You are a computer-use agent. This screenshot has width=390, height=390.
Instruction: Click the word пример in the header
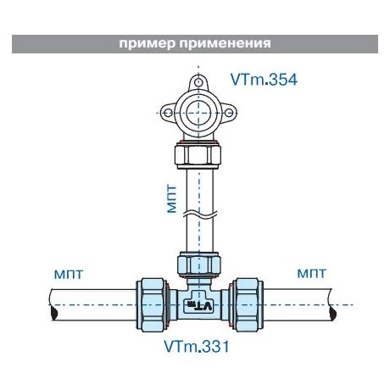pyautogui.click(x=147, y=44)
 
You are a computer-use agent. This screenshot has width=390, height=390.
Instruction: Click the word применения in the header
pyautogui.click(x=225, y=44)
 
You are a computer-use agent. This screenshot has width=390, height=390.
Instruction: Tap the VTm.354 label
pyautogui.click(x=264, y=80)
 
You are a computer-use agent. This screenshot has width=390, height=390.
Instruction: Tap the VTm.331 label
pyautogui.click(x=197, y=346)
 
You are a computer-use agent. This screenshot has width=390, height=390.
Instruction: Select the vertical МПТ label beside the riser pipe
pyautogui.click(x=171, y=198)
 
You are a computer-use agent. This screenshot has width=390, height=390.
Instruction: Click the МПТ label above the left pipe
pyautogui.click(x=69, y=274)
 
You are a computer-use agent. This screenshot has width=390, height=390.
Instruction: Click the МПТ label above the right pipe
pyautogui.click(x=312, y=273)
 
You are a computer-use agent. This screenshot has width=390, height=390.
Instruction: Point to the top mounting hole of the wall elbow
pyautogui.click(x=198, y=82)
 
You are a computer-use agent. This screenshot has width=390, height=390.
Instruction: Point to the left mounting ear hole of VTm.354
pyautogui.click(x=168, y=113)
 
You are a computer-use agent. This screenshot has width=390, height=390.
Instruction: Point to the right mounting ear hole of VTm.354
pyautogui.click(x=229, y=113)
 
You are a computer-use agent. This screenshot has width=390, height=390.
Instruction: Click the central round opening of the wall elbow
pyautogui.click(x=198, y=113)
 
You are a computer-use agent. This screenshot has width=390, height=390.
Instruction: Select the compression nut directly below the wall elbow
pyautogui.click(x=198, y=156)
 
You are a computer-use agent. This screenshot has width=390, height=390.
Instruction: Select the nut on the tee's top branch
pyautogui.click(x=198, y=265)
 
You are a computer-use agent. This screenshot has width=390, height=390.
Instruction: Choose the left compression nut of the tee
pyautogui.click(x=153, y=304)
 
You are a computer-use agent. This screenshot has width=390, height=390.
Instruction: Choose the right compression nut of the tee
pyautogui.click(x=246, y=304)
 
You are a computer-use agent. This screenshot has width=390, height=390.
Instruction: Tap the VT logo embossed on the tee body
pyautogui.click(x=199, y=305)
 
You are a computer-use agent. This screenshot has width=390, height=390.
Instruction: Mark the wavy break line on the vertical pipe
pyautogui.click(x=199, y=213)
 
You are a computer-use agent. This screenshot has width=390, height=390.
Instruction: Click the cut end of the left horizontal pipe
pyautogui.click(x=53, y=304)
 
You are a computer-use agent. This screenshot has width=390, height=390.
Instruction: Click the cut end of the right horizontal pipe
pyautogui.click(x=332, y=304)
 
